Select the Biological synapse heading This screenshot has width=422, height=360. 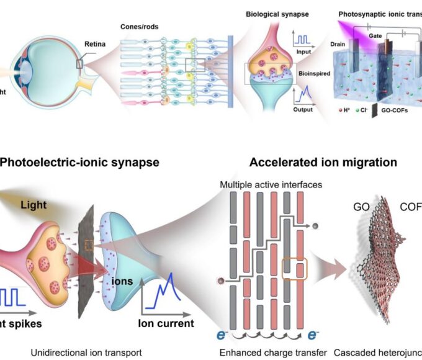[269, 13]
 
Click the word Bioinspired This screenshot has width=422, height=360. [309, 74]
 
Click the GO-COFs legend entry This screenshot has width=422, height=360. [402, 115]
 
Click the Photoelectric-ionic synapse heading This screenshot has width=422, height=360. [79, 163]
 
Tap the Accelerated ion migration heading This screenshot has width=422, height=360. [323, 163]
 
